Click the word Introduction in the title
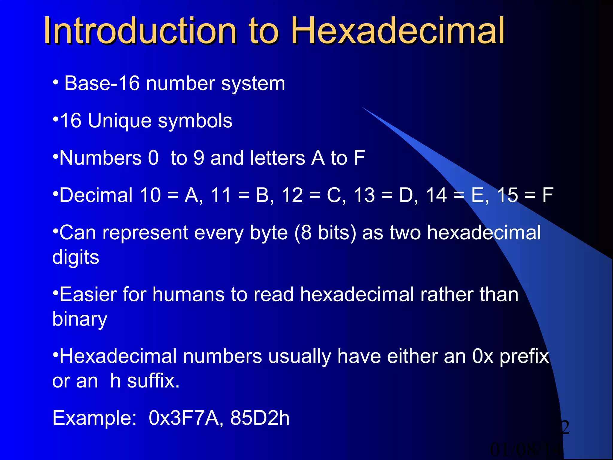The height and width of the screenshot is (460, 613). [x=140, y=31]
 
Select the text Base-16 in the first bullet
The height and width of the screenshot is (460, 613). [x=102, y=83]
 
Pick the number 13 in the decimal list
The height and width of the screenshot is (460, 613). [x=364, y=195]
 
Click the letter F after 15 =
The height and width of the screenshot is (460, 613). [x=548, y=195]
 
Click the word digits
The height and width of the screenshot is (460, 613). [x=76, y=258]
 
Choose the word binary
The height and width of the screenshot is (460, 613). [x=80, y=319]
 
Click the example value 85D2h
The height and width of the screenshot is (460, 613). [x=260, y=418]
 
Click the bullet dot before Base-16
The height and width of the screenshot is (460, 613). [x=55, y=82]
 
